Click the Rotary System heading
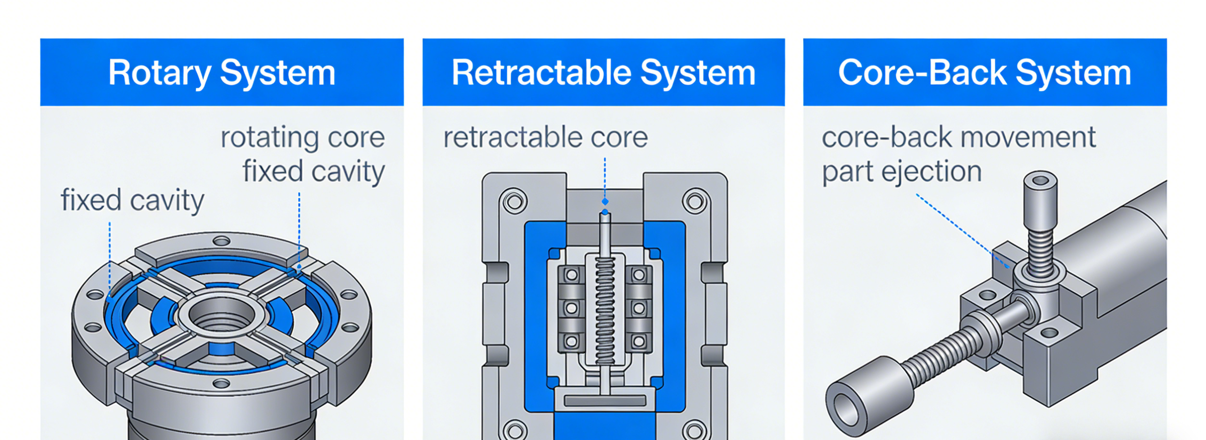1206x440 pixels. pyautogui.click(x=222, y=73)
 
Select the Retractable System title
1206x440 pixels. pyautogui.click(x=603, y=73)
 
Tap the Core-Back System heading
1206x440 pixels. pyautogui.click(x=984, y=73)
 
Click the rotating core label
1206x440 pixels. pyautogui.click(x=302, y=138)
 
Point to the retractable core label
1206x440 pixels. pyautogui.click(x=545, y=138)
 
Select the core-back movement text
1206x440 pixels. pyautogui.click(x=958, y=138)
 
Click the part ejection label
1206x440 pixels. pyautogui.click(x=902, y=172)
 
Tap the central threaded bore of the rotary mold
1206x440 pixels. pyautogui.click(x=222, y=318)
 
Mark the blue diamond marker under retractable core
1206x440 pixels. pyautogui.click(x=605, y=201)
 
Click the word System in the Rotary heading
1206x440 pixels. pyautogui.click(x=277, y=73)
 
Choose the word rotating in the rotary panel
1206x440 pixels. pyautogui.click(x=269, y=138)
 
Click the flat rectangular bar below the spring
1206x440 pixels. pyautogui.click(x=604, y=401)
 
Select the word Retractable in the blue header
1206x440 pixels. pyautogui.click(x=541, y=73)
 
